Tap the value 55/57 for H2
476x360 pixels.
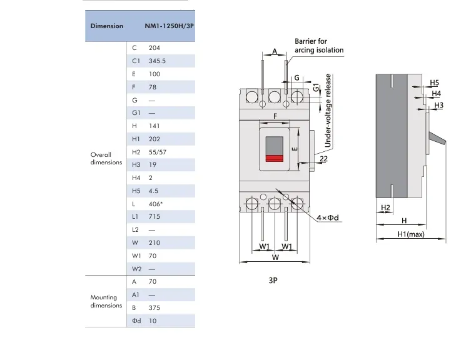click(x=158, y=152)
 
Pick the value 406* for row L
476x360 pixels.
click(x=156, y=204)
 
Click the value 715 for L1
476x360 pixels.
click(x=154, y=216)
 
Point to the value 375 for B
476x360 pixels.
click(x=154, y=307)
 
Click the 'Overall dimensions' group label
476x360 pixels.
click(x=106, y=158)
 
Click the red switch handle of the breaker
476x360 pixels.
click(x=275, y=158)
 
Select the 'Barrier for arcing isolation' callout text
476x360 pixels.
click(x=318, y=46)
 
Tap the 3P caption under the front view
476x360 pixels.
click(x=273, y=281)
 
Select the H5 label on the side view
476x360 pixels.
click(x=434, y=82)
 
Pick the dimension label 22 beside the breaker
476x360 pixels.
click(x=323, y=160)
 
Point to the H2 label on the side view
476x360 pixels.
click(x=385, y=207)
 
